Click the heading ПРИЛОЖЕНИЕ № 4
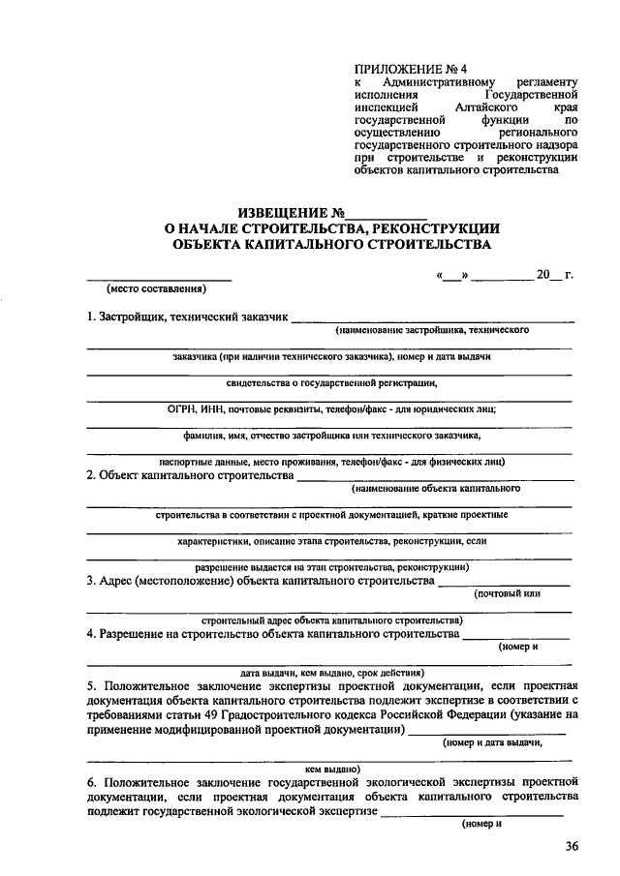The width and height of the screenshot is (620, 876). pos(411,68)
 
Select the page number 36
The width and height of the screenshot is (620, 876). pos(572,847)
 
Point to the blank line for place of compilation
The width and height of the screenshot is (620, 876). pos(159,278)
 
